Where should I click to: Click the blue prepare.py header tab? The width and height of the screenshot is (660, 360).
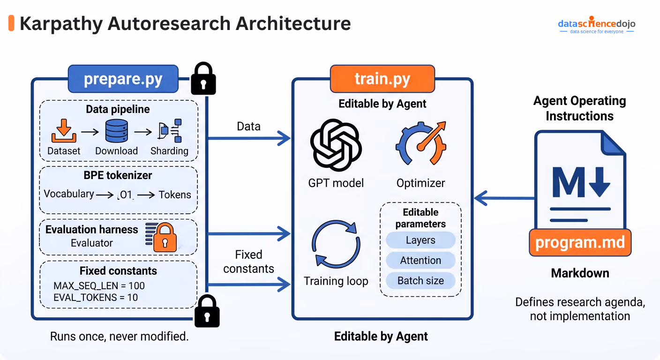pos(123,79)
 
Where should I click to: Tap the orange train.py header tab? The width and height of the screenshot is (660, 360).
pos(382,79)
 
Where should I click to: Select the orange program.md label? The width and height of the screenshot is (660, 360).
pos(580,242)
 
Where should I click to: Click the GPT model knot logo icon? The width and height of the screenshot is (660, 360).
pos(336,145)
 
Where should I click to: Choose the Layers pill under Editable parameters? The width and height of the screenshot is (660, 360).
pos(420,240)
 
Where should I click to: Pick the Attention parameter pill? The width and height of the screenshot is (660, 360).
pos(420,260)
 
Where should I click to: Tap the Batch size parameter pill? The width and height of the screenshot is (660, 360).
pos(420,280)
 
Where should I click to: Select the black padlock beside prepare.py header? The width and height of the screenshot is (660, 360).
pos(203,78)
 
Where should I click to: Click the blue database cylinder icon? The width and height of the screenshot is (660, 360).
pos(117,131)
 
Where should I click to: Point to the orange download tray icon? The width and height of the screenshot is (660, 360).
pos(64,131)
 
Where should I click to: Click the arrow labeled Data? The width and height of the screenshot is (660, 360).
pos(249,138)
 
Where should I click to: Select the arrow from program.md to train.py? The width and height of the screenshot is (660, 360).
pos(505,198)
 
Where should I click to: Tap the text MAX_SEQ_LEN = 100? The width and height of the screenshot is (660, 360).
pos(99,286)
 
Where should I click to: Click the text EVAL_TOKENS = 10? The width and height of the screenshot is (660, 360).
pos(96,298)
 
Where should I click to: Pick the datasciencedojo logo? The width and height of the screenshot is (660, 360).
pos(597,25)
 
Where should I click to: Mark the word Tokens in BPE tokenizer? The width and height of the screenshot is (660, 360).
pos(175,195)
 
